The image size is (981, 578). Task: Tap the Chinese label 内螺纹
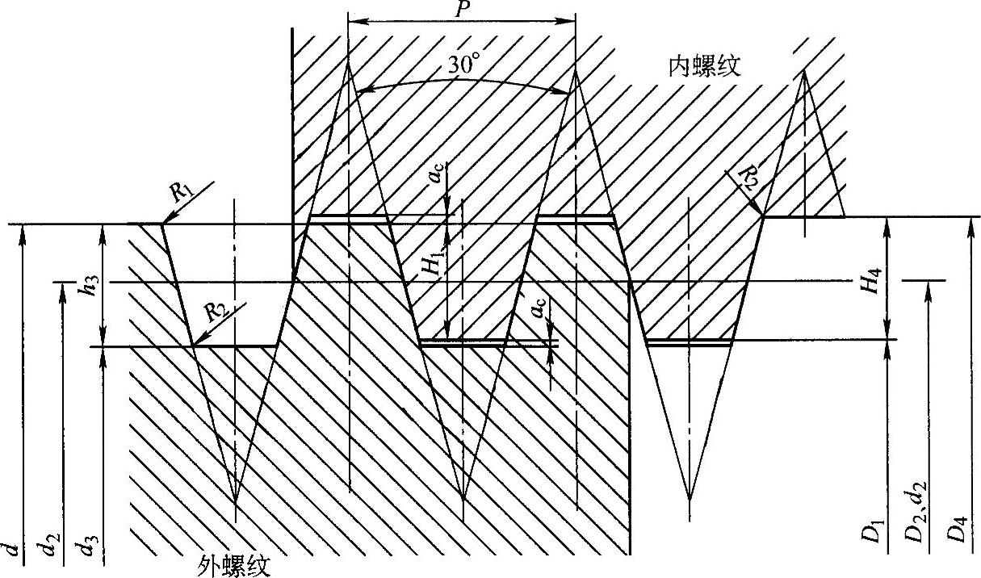tap(704, 66)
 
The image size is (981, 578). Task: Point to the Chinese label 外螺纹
tap(234, 566)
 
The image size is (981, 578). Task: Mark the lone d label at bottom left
tap(13, 551)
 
